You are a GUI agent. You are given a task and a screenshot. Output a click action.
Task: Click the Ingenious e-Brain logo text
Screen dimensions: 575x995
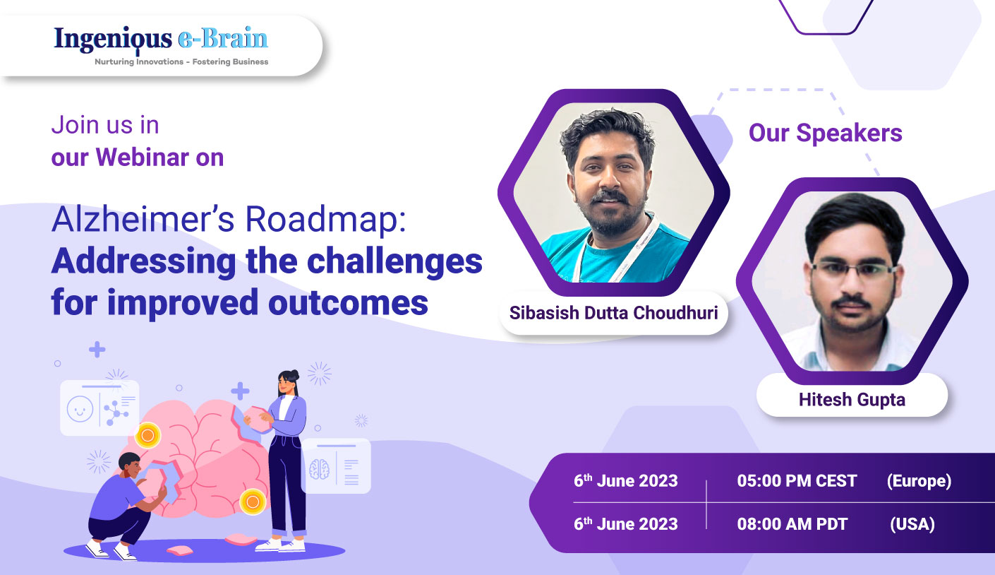[161, 39]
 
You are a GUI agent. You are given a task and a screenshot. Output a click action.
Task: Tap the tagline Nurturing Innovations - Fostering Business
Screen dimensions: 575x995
[181, 62]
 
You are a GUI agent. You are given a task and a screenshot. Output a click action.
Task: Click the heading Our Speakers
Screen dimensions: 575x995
[825, 133]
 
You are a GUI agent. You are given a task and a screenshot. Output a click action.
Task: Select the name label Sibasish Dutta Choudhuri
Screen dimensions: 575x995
[613, 312]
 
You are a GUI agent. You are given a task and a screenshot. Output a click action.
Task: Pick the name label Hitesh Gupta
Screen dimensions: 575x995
[852, 399]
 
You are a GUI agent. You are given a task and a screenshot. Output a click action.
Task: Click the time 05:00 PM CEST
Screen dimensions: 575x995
[797, 481]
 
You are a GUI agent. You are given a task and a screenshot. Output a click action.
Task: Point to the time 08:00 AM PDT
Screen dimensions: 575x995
[792, 523]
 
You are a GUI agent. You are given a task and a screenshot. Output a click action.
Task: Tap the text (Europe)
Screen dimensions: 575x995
[919, 481]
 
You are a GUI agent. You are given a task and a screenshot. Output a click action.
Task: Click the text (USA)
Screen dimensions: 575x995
[912, 523]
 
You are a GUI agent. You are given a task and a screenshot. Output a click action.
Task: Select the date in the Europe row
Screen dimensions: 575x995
[625, 481]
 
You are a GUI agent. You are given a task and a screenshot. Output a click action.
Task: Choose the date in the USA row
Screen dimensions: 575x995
[625, 523]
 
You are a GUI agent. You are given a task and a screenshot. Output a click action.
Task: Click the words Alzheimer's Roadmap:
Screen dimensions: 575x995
[229, 222]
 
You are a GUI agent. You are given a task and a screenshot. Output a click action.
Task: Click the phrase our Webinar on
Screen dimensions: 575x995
[137, 157]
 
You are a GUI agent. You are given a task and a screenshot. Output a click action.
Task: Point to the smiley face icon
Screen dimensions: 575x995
[80, 409]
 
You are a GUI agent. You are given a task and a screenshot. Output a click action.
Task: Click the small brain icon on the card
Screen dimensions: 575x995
[320, 468]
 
